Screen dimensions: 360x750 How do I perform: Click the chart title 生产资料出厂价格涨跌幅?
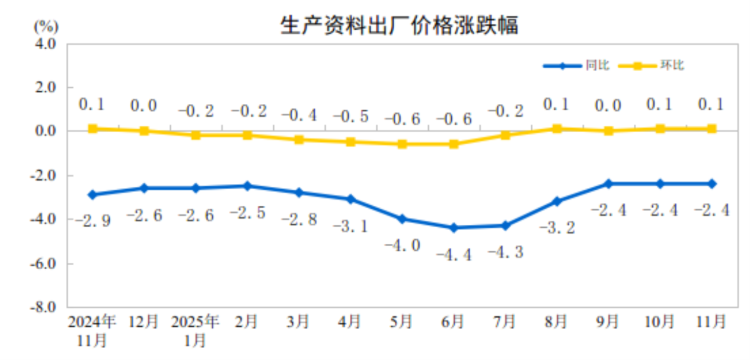[398, 25]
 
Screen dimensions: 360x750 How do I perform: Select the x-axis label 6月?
[454, 322]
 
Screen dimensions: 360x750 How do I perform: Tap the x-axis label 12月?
[144, 322]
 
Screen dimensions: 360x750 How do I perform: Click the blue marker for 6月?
[454, 228]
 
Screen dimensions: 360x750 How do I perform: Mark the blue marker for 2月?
[247, 186]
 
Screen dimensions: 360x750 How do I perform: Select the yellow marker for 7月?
[505, 135]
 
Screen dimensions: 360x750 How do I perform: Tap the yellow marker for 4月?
[350, 142]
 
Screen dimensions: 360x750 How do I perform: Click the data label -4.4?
[454, 255]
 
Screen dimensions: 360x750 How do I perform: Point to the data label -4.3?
[505, 252]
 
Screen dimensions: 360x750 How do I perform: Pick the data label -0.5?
[350, 116]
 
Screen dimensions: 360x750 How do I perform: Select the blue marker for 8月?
[557, 201]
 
